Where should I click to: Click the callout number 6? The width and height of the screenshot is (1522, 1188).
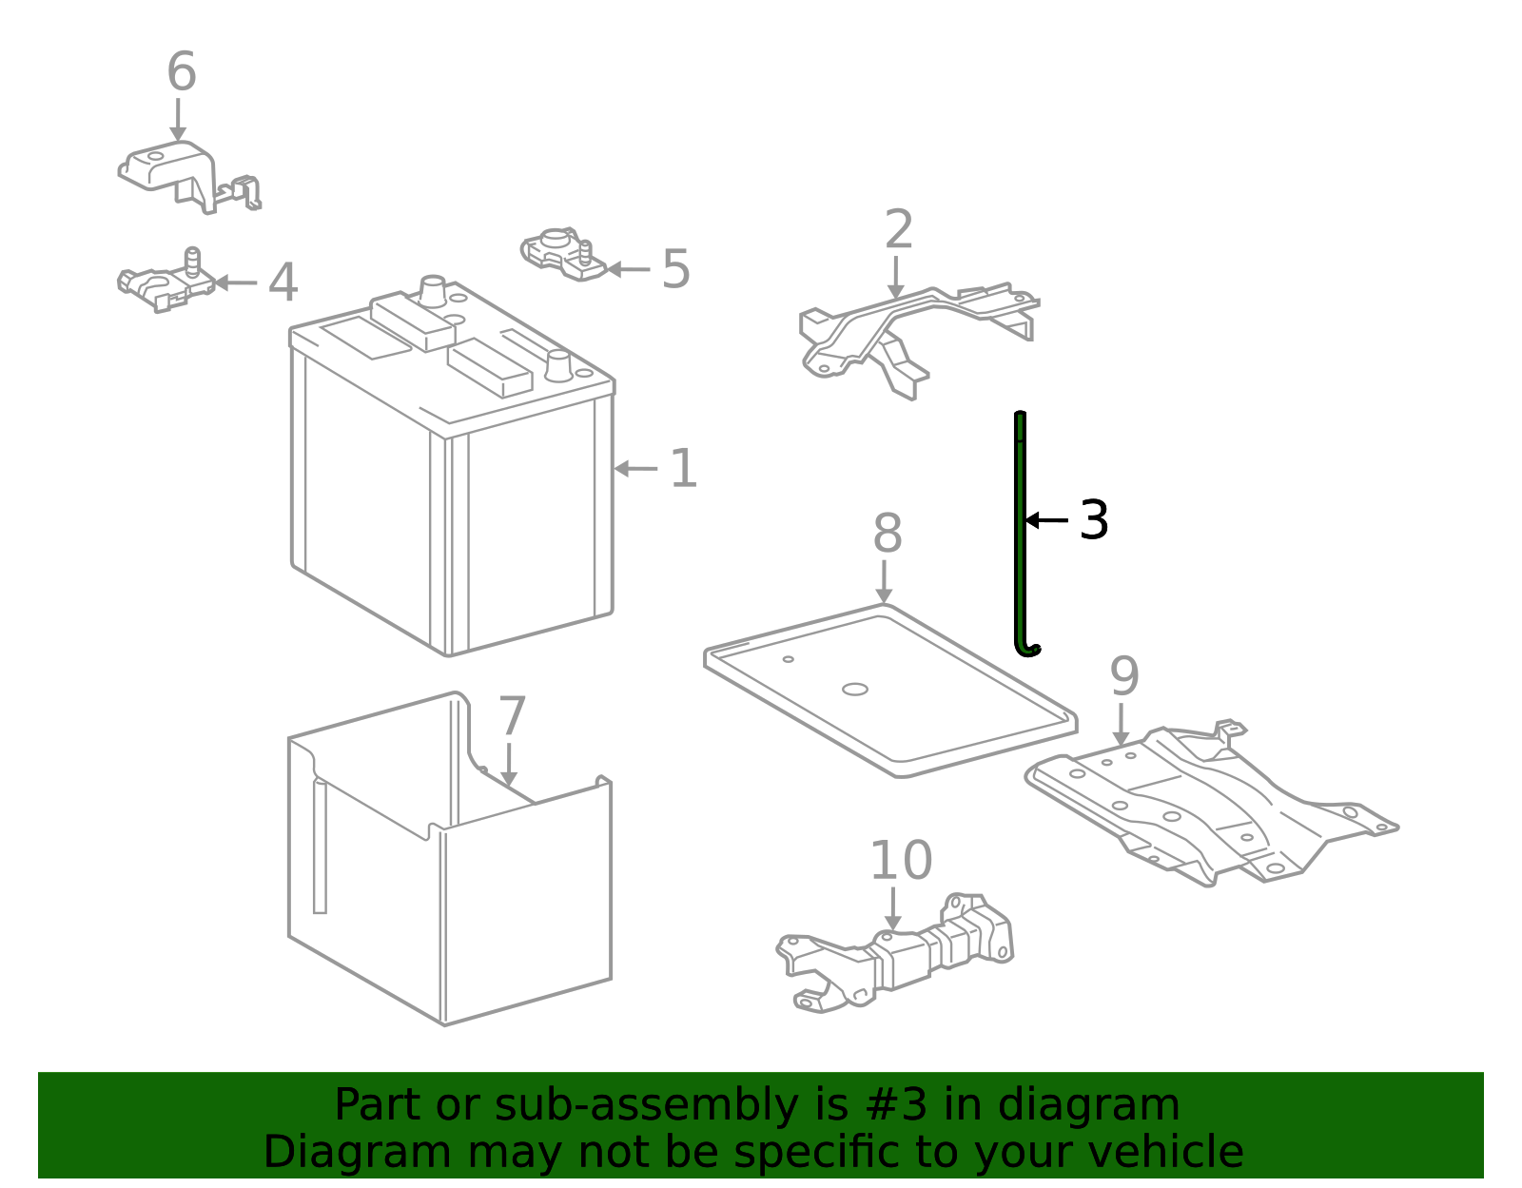pos(182,71)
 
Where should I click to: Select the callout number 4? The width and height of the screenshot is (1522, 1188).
pos(283,282)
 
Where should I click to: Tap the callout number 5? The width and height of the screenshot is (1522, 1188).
pos(676,269)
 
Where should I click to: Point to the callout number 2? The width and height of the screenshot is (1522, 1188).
pos(899,229)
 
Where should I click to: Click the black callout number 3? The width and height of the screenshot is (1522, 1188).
pos(1093,519)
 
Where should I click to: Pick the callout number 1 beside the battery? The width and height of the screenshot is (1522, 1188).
pos(684,468)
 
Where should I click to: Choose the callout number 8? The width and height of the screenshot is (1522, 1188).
pos(887,533)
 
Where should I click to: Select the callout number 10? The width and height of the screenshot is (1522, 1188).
pos(901,861)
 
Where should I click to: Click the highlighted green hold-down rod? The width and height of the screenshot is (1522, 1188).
pos(1020,532)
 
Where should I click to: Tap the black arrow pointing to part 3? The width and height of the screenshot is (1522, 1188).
pos(1046,520)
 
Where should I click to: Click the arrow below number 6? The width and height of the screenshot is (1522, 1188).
pos(178,120)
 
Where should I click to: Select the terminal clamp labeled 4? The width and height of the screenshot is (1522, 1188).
pos(166,283)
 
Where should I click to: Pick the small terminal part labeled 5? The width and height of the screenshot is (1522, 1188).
pos(563,254)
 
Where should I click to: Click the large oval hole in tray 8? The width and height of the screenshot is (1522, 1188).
pos(854,690)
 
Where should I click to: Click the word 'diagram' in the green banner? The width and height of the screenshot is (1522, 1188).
pos(1088,1107)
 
